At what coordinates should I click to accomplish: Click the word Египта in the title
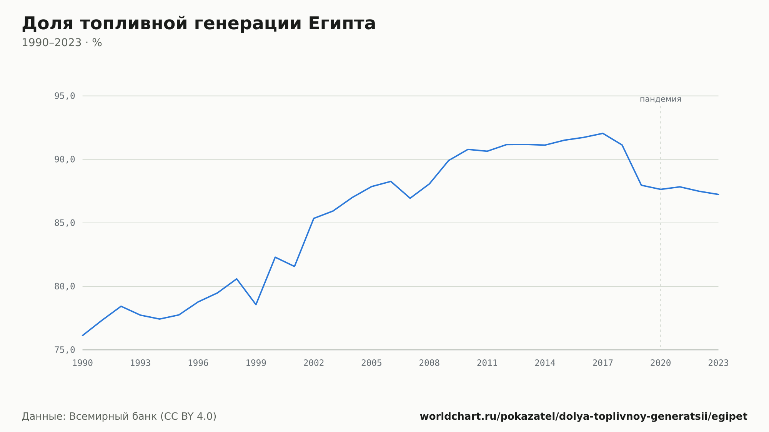342,24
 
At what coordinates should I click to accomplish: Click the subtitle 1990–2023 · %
62,43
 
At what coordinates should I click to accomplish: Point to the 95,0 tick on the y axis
65,96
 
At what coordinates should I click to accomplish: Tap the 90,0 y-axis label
65,160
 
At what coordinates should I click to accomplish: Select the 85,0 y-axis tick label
65,223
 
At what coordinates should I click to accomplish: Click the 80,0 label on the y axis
65,286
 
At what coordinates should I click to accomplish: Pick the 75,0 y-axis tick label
65,350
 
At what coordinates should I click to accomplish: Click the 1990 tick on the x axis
83,363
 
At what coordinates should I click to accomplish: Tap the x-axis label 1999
256,363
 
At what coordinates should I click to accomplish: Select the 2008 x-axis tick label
429,363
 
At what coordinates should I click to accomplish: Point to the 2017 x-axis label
603,363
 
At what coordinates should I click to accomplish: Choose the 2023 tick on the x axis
718,363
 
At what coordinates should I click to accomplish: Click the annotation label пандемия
661,99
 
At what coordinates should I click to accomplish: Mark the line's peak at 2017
603,133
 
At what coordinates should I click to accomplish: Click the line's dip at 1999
256,304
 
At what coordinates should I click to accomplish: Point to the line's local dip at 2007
410,198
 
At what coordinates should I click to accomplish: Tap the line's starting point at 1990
83,336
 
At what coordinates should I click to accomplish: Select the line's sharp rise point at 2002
314,218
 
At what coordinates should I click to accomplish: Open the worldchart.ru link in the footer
584,417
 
